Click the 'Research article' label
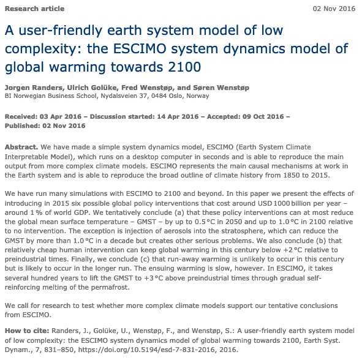click(34, 9)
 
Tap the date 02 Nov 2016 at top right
click(334, 9)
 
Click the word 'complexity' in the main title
click(40, 48)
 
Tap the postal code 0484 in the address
click(172, 96)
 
